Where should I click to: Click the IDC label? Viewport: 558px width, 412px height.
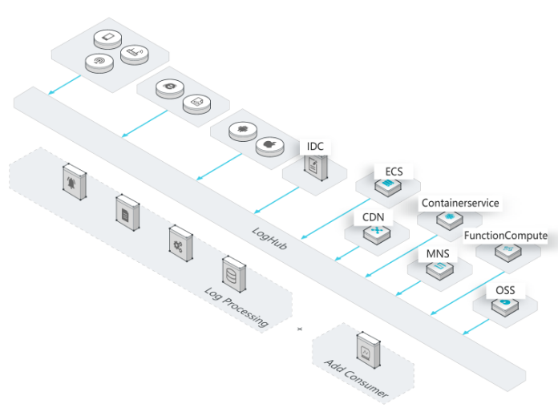315,146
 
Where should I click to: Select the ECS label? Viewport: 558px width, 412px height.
394,172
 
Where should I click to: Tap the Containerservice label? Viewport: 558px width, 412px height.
460,203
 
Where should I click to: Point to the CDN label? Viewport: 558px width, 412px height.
374,217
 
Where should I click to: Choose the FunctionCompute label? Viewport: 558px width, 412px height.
506,236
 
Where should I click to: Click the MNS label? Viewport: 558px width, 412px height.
438,253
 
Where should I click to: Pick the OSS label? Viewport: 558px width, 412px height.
505,290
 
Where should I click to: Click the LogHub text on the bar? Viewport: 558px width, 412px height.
269,238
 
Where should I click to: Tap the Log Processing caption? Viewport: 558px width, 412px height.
237,307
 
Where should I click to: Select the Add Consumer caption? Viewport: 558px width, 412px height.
357,378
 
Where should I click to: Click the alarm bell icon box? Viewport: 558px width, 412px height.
75,182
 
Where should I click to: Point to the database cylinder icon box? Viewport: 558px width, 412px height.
234,274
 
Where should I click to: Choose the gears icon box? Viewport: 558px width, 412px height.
180,244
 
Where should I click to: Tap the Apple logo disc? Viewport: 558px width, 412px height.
269,146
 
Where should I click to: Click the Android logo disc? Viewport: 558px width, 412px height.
243,131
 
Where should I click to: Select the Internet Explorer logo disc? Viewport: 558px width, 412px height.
170,88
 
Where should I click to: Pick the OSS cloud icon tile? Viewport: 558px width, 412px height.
505,306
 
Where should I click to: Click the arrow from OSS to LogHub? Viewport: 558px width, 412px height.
476,327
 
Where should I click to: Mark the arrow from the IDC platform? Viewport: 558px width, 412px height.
277,200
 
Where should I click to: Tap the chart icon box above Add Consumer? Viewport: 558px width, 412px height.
368,350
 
